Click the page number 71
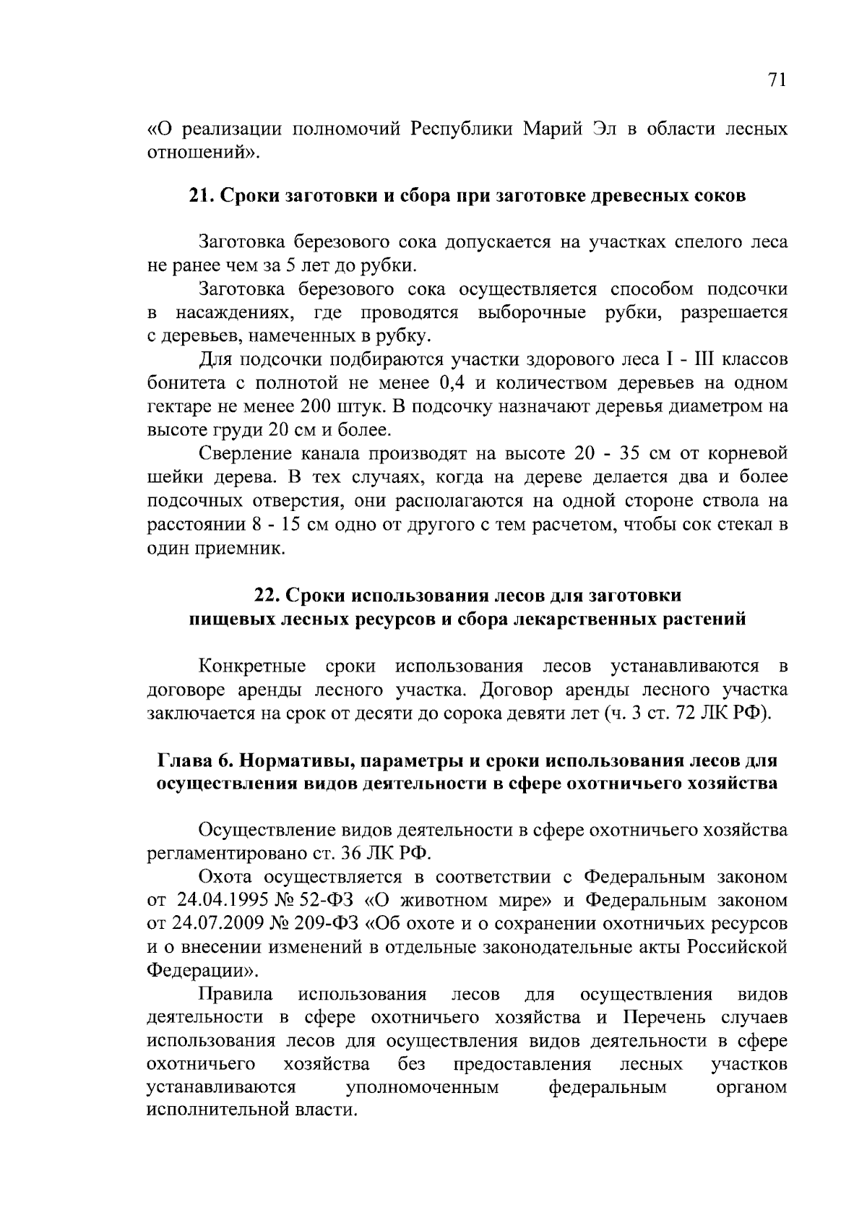[775, 80]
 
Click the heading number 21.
[199, 196]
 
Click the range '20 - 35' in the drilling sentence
[609, 453]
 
